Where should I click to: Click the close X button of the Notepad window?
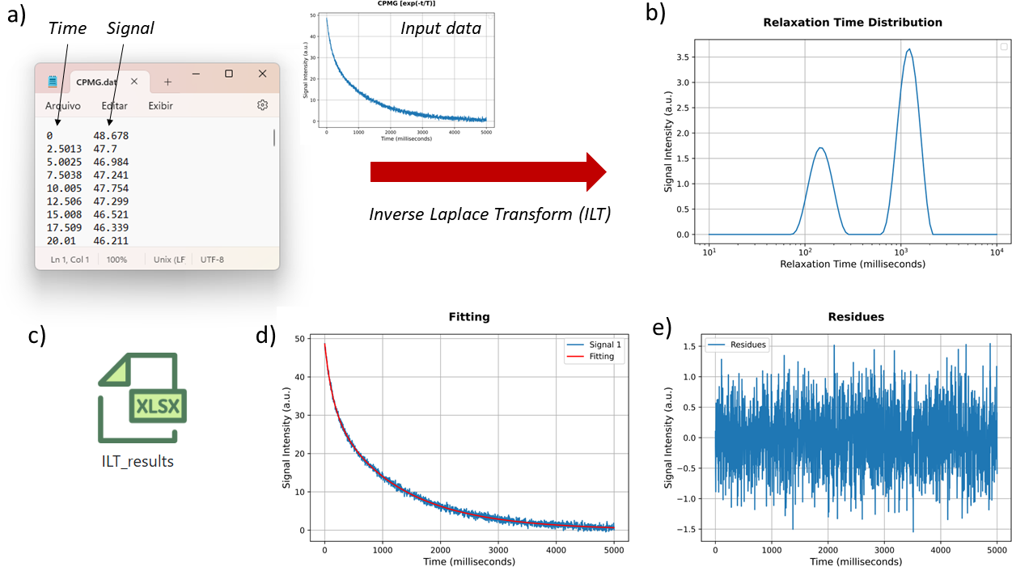click(x=262, y=74)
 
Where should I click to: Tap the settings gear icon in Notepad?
click(x=262, y=105)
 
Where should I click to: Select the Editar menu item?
click(x=114, y=106)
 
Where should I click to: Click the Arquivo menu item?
click(x=62, y=106)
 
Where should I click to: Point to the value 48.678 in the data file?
click(x=111, y=136)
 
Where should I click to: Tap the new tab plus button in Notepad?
click(x=167, y=82)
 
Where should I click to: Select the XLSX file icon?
click(x=142, y=398)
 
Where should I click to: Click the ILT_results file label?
click(x=138, y=462)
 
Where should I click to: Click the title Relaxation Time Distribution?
click(x=853, y=23)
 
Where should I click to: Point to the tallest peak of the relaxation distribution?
click(x=909, y=50)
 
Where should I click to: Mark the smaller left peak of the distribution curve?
click(x=820, y=148)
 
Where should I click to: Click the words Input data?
click(x=441, y=29)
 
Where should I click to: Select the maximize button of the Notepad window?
click(x=229, y=74)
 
